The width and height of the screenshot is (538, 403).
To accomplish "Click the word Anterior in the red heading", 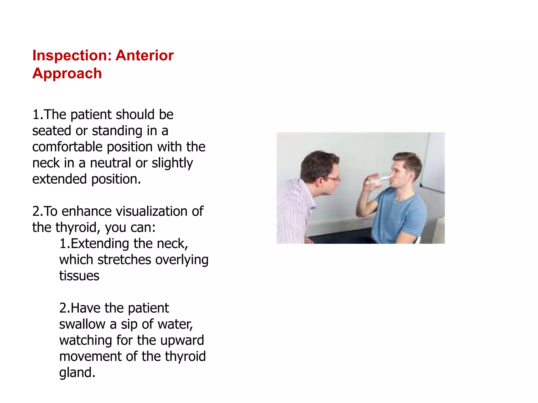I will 144,56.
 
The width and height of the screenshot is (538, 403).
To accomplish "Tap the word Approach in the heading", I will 67,73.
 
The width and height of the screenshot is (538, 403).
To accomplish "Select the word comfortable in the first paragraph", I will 67,147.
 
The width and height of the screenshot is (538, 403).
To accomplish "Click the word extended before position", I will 59,179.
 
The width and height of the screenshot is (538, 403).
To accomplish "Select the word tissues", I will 79,276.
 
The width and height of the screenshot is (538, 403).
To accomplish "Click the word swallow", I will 82,324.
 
